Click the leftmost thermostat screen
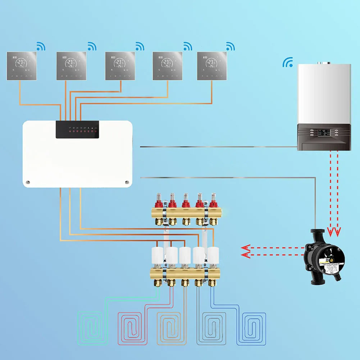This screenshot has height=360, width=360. click(22, 66)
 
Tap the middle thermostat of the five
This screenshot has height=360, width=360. click(120, 66)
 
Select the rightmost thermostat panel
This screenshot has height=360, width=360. click(212, 66)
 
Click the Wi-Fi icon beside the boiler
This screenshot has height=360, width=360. click(287, 62)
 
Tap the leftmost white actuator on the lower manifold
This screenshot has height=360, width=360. click(158, 255)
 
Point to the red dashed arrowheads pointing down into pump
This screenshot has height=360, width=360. click(334, 230)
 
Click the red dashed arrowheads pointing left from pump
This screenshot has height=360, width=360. click(246, 251)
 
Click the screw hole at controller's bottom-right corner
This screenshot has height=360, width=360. click(127, 182)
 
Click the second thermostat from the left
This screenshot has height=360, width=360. click(71, 66)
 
